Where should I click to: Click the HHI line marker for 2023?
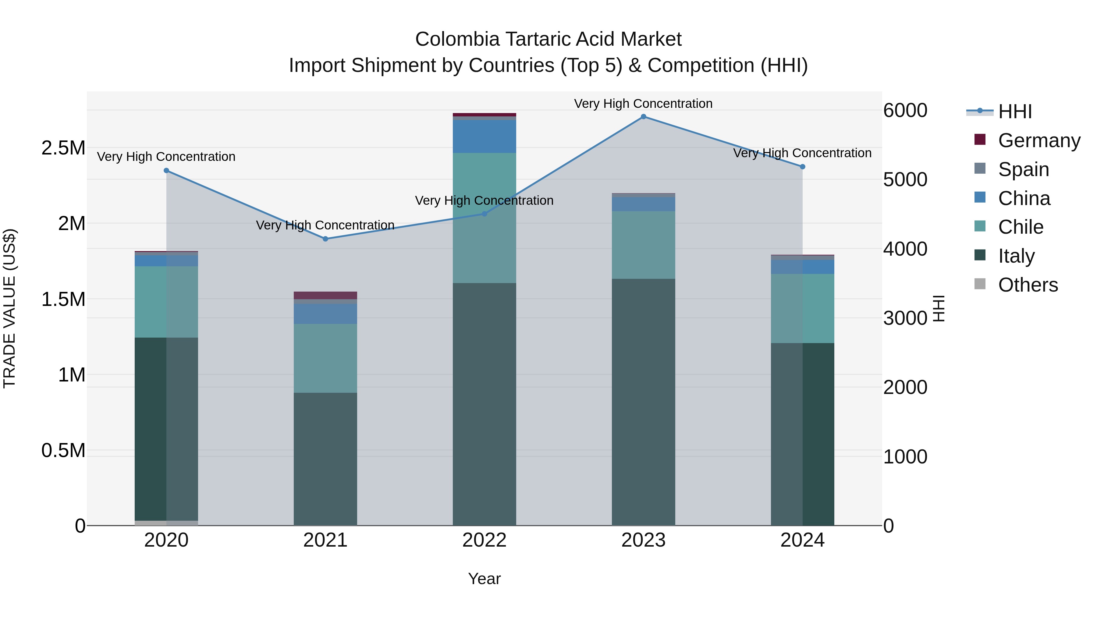(644, 117)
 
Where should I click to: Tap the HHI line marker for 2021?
(325, 239)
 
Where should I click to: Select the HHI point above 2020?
(166, 171)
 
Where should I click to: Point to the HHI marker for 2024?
(803, 167)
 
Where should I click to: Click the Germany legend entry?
(1039, 140)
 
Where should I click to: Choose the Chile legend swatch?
(980, 226)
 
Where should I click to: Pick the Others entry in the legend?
(1028, 285)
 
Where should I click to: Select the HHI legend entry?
(1015, 112)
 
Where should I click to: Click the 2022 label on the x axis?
(484, 540)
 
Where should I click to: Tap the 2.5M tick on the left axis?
(63, 148)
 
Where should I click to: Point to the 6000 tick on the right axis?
(905, 110)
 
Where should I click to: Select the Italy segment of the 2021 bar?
(325, 459)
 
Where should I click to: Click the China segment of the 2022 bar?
(484, 136)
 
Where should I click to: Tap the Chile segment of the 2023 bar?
(644, 245)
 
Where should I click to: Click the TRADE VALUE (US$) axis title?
(10, 308)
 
